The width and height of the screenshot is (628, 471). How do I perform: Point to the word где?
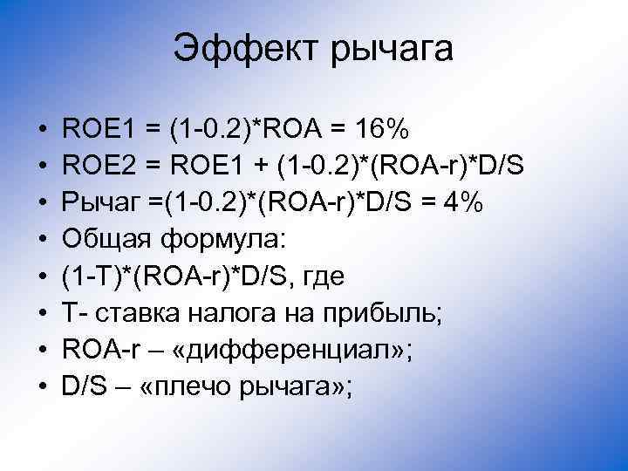(x=322, y=277)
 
